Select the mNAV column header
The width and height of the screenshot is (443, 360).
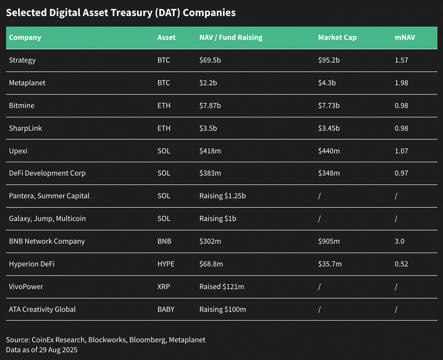(x=405, y=37)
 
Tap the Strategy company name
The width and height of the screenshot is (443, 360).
(x=22, y=60)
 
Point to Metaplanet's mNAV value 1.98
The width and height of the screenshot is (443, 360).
(x=401, y=83)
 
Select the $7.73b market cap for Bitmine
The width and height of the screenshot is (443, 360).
(x=329, y=105)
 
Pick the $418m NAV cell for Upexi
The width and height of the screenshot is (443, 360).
(x=210, y=151)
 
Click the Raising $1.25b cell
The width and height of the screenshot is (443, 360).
(x=223, y=196)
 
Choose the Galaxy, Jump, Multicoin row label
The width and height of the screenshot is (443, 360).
(x=47, y=218)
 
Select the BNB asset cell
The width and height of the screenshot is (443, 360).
(x=164, y=241)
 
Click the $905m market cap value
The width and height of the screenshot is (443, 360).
(x=329, y=241)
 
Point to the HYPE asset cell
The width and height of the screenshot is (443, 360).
(x=166, y=264)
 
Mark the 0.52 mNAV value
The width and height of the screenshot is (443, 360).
(x=401, y=264)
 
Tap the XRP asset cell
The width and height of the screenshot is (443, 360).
(x=164, y=287)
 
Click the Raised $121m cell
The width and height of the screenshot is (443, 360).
(x=222, y=287)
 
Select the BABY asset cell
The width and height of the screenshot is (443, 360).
(x=166, y=309)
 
